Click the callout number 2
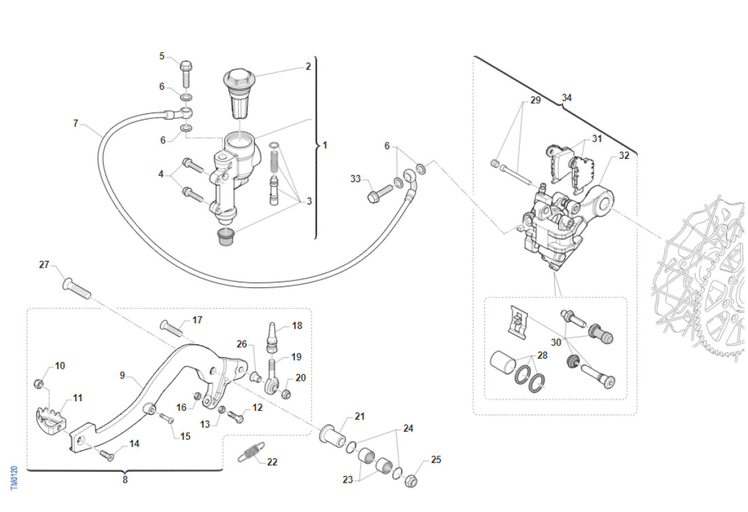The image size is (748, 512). (308, 67)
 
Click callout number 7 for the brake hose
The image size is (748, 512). (75, 124)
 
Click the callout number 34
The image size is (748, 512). (566, 98)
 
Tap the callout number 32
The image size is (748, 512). (624, 156)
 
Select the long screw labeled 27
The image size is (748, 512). (75, 287)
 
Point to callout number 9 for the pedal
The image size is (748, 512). (123, 375)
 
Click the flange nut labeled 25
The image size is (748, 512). (411, 481)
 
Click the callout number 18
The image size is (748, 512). (297, 326)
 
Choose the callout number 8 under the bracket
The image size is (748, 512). (124, 480)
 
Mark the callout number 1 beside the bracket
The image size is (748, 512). (325, 145)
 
